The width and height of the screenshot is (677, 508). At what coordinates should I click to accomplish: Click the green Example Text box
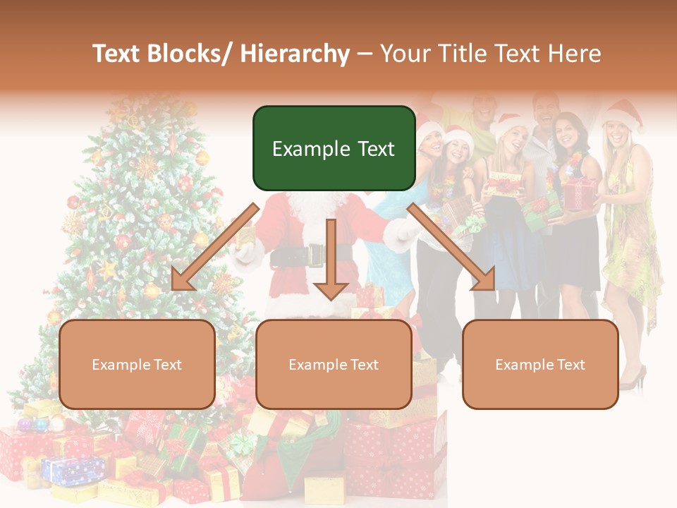pos(334,148)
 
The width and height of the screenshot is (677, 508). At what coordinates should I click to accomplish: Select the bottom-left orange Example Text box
pos(137,364)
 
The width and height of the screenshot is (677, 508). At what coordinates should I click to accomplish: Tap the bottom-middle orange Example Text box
pos(334,364)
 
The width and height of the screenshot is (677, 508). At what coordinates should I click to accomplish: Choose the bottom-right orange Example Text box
pos(540,364)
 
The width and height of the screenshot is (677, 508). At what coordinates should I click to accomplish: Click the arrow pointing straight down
pos(331,261)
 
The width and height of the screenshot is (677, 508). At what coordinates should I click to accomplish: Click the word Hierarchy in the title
pos(295,54)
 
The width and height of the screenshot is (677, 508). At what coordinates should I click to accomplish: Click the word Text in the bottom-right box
pos(571,365)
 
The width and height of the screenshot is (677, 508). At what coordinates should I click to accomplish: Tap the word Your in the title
pos(404,54)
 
